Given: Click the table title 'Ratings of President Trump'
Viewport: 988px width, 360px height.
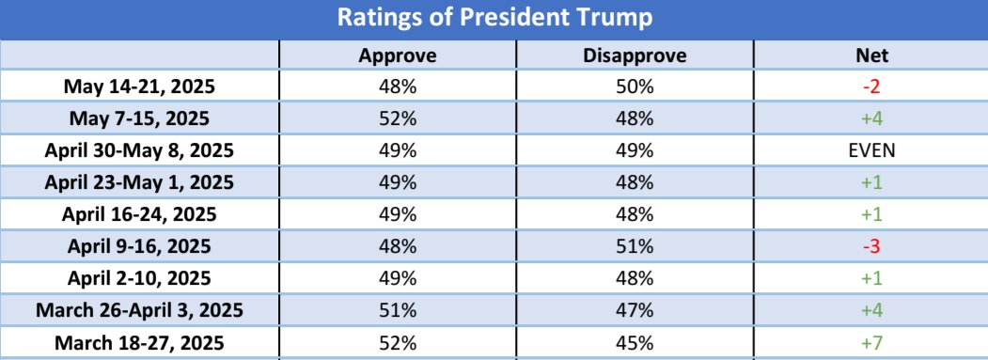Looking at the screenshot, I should tap(494, 18).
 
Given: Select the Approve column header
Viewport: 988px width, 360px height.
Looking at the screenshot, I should tap(398, 55).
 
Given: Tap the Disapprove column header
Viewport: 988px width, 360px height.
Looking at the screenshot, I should tap(635, 55).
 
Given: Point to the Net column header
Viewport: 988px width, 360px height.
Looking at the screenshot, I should tap(870, 55).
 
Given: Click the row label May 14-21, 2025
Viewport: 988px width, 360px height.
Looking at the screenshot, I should tap(139, 87).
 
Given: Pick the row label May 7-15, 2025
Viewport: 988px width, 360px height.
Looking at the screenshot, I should tap(139, 119).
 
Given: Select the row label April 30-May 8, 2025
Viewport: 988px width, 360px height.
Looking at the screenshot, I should tap(139, 150).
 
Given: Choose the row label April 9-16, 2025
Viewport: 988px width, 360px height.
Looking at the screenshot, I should tap(139, 246).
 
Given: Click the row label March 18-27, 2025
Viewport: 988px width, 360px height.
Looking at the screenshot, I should tap(139, 341).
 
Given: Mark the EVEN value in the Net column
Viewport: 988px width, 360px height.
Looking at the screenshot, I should tap(870, 150).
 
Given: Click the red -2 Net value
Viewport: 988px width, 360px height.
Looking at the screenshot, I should tap(870, 87).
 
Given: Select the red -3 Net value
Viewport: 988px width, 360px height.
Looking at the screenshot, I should tap(870, 246).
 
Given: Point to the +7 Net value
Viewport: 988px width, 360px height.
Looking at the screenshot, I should tap(870, 341).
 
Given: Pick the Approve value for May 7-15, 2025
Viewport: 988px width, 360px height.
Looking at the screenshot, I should tap(398, 119).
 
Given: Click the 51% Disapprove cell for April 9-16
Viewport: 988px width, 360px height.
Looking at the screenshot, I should tap(635, 246).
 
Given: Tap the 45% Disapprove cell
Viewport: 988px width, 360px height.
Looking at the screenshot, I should tap(635, 341).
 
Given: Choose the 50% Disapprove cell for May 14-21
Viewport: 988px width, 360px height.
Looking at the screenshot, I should tap(635, 87).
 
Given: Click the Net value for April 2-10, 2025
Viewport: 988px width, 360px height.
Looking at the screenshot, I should tap(870, 278).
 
